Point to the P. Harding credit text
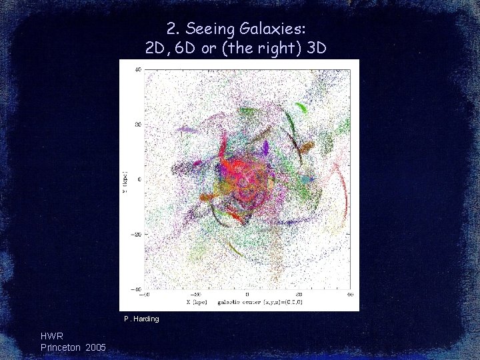coord(141,319)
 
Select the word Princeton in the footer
coord(61,347)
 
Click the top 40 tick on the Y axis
coord(137,69)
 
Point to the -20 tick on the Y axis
coord(136,234)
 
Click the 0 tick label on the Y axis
coord(139,179)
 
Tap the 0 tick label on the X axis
coord(247,294)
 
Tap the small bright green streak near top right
coord(301,107)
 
